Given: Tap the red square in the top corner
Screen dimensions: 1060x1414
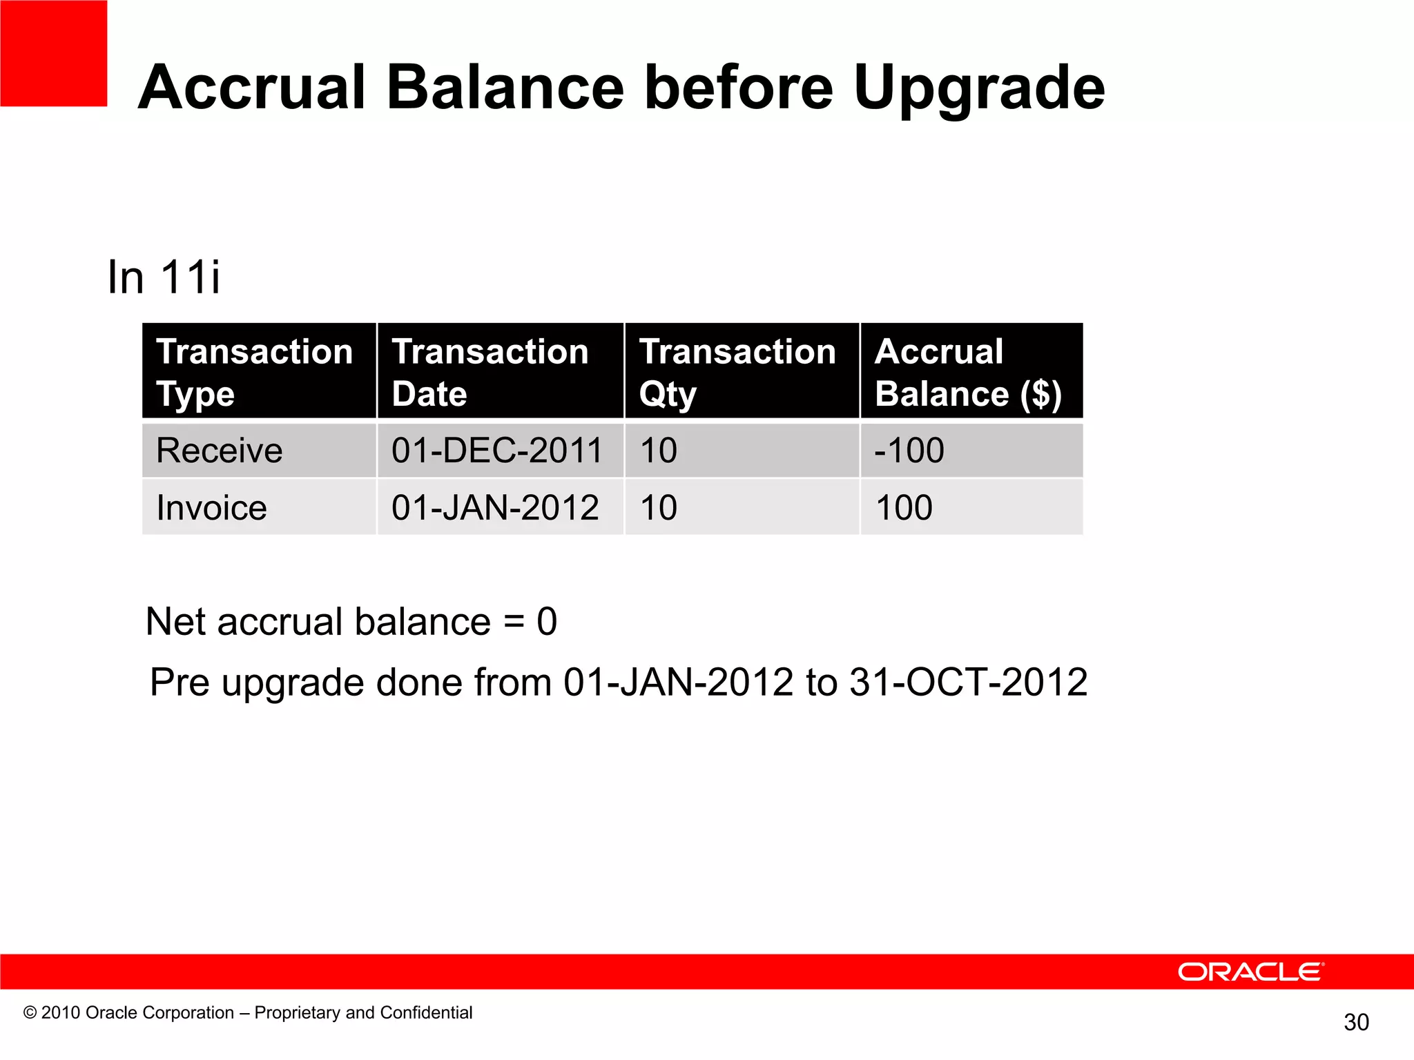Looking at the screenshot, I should pyautogui.click(x=53, y=53).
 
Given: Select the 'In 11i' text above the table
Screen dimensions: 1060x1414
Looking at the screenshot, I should pyautogui.click(x=164, y=277).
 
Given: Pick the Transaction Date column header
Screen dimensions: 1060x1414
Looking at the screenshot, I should pyautogui.click(x=490, y=372).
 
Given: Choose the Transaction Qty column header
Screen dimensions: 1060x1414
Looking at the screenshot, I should pyautogui.click(x=737, y=372).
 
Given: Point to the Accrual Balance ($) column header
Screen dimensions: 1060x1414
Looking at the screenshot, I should pyautogui.click(x=968, y=372).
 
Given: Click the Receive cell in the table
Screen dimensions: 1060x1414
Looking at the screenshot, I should pyautogui.click(x=220, y=451).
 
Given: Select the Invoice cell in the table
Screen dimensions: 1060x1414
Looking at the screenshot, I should pyautogui.click(x=211, y=508).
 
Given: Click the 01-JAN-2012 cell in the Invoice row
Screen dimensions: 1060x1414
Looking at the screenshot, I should pyautogui.click(x=495, y=508).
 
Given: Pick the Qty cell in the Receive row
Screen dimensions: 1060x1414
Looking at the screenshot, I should pyautogui.click(x=659, y=451).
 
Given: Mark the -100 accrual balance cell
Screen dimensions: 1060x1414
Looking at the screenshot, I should pyautogui.click(x=909, y=451).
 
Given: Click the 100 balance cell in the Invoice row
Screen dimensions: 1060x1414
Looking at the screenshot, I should pyautogui.click(x=904, y=508).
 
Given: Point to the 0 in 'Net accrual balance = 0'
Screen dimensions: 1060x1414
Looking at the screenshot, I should pyautogui.click(x=547, y=622).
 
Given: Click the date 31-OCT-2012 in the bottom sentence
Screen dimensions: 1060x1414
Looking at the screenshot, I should pyautogui.click(x=968, y=683).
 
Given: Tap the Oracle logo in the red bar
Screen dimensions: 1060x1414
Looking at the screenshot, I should pyautogui.click(x=1250, y=972).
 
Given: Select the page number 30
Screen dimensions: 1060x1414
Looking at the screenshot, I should pyautogui.click(x=1356, y=1022).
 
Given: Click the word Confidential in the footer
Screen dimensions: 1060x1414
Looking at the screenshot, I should pyautogui.click(x=426, y=1012).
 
